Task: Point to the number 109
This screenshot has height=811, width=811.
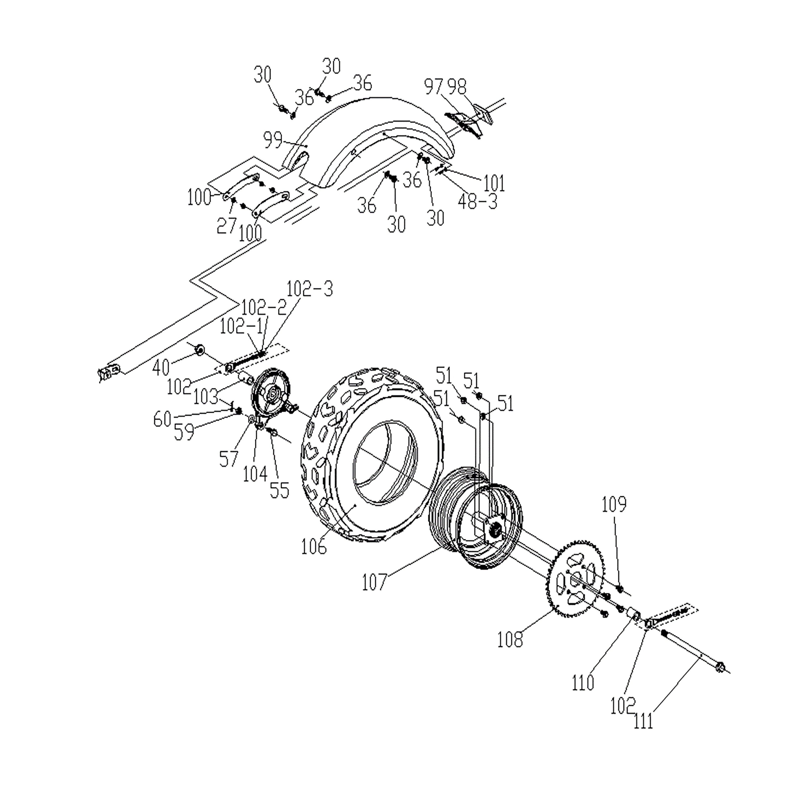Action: [x=614, y=505]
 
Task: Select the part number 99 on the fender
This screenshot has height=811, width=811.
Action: [x=273, y=140]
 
